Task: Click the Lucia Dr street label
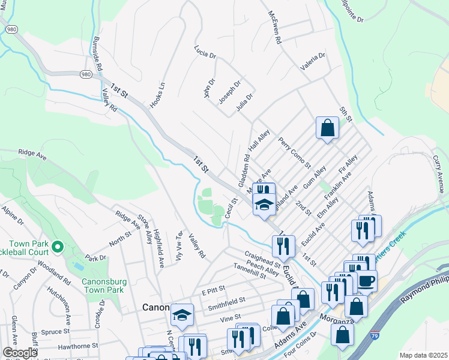pos(205,52)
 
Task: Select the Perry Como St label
pos(294,152)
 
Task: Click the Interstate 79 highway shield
pos(375,335)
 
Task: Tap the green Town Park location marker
pos(57,246)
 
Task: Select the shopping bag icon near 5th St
pos(327,128)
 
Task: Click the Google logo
pos(20,353)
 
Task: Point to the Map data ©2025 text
pos(423,355)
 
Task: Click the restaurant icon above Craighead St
pos(283,245)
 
